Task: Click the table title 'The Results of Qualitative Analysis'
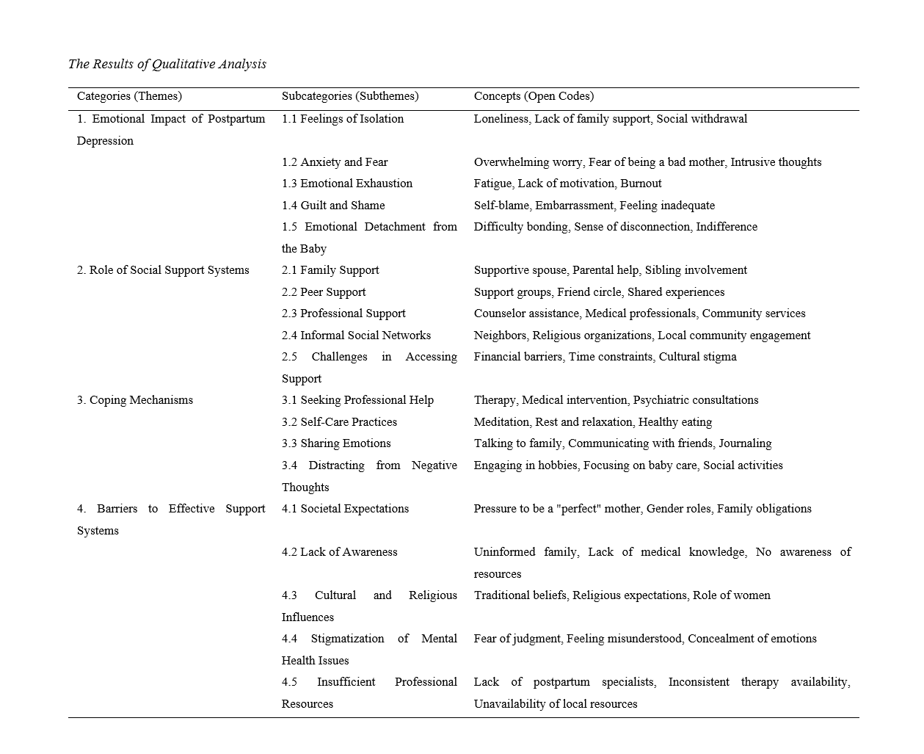[x=167, y=64]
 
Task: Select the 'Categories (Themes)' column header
[x=129, y=96]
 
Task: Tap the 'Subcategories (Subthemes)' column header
[x=350, y=96]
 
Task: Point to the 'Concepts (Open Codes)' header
[x=534, y=96]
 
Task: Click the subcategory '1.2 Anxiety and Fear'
[x=335, y=162]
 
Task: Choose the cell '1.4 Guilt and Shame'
[x=333, y=206]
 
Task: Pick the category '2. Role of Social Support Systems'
[x=163, y=270]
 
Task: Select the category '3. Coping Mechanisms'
[x=135, y=400]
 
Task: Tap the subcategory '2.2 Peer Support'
[x=324, y=292]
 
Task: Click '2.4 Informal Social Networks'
[x=356, y=336]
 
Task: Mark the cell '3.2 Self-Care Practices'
[x=339, y=422]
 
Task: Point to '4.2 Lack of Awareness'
[x=339, y=552]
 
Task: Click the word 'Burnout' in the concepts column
[x=641, y=184]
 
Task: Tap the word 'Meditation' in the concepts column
[x=501, y=422]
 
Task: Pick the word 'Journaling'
[x=745, y=443]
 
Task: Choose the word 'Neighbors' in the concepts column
[x=500, y=336]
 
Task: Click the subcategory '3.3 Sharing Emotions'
[x=336, y=443]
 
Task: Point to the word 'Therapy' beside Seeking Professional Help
[x=495, y=400]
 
